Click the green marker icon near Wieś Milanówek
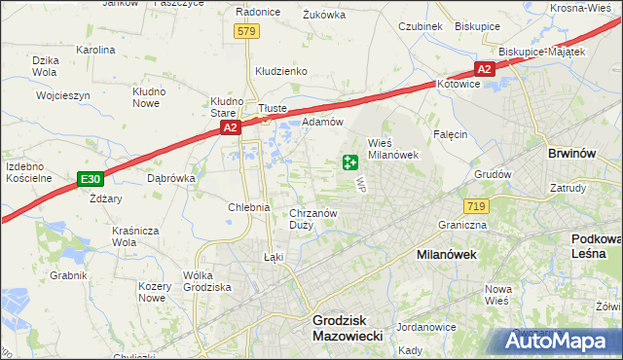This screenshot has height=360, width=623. [x=349, y=162]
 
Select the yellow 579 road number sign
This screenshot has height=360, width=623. [x=246, y=32]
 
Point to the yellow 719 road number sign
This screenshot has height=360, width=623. [x=476, y=205]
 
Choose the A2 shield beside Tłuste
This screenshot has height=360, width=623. [x=229, y=126]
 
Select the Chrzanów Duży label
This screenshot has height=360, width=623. [x=313, y=218]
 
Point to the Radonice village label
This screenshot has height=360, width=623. [x=258, y=13]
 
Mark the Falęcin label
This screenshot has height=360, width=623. [x=451, y=134]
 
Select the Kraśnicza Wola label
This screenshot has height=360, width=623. [x=135, y=236]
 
